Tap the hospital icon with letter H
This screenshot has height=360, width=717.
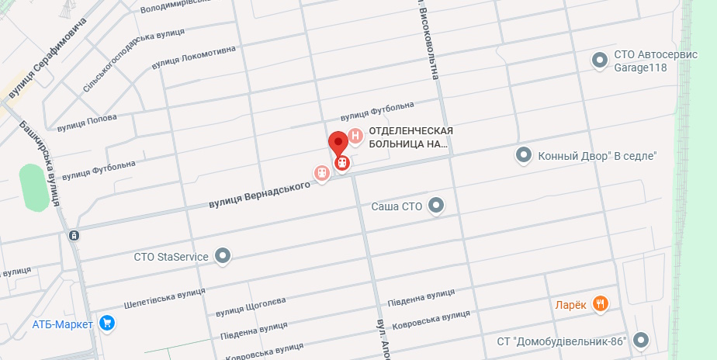pyautogui.click(x=355, y=137)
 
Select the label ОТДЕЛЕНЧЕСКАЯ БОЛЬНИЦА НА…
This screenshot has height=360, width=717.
pyautogui.click(x=410, y=137)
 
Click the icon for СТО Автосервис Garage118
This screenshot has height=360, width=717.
pyautogui.click(x=599, y=60)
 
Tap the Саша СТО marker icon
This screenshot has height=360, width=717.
pyautogui.click(x=437, y=206)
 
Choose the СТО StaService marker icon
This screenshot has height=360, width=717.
pyautogui.click(x=223, y=255)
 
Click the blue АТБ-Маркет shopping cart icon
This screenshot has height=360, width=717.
pyautogui.click(x=107, y=324)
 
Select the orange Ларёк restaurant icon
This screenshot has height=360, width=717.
pyautogui.click(x=600, y=303)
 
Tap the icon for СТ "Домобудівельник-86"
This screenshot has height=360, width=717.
pyautogui.click(x=640, y=341)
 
